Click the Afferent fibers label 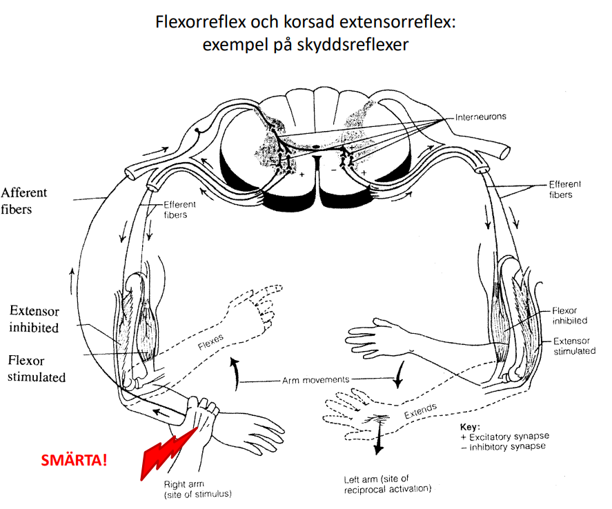pyautogui.click(x=24, y=200)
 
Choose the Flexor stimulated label pyautogui.click(x=37, y=368)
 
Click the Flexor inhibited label pyautogui.click(x=569, y=316)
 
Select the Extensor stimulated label pyautogui.click(x=574, y=346)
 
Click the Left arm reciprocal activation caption pyautogui.click(x=387, y=484)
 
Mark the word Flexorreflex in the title pyautogui.click(x=202, y=23)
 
